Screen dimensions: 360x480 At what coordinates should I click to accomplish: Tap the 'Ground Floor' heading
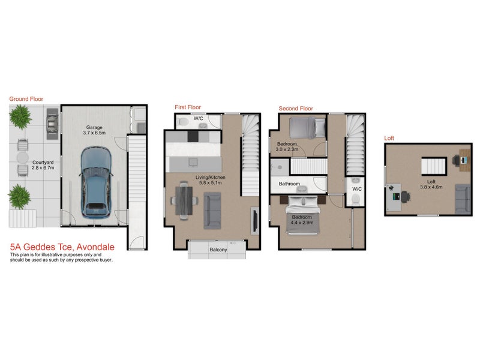click(x=26, y=99)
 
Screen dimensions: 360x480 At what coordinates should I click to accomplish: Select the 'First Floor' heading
click(x=187, y=107)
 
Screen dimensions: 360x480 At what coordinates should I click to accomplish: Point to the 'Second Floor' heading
click(x=296, y=109)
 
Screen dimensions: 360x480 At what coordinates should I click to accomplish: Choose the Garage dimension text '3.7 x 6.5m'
click(x=95, y=134)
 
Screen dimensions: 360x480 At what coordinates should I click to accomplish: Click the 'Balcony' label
click(x=218, y=250)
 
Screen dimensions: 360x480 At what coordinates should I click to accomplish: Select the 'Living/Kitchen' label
click(x=209, y=177)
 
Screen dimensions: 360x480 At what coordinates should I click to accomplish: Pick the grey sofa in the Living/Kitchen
click(x=213, y=212)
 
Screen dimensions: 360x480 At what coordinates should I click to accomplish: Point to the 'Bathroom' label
click(x=289, y=184)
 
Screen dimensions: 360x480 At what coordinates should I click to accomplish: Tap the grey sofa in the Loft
click(x=463, y=199)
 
